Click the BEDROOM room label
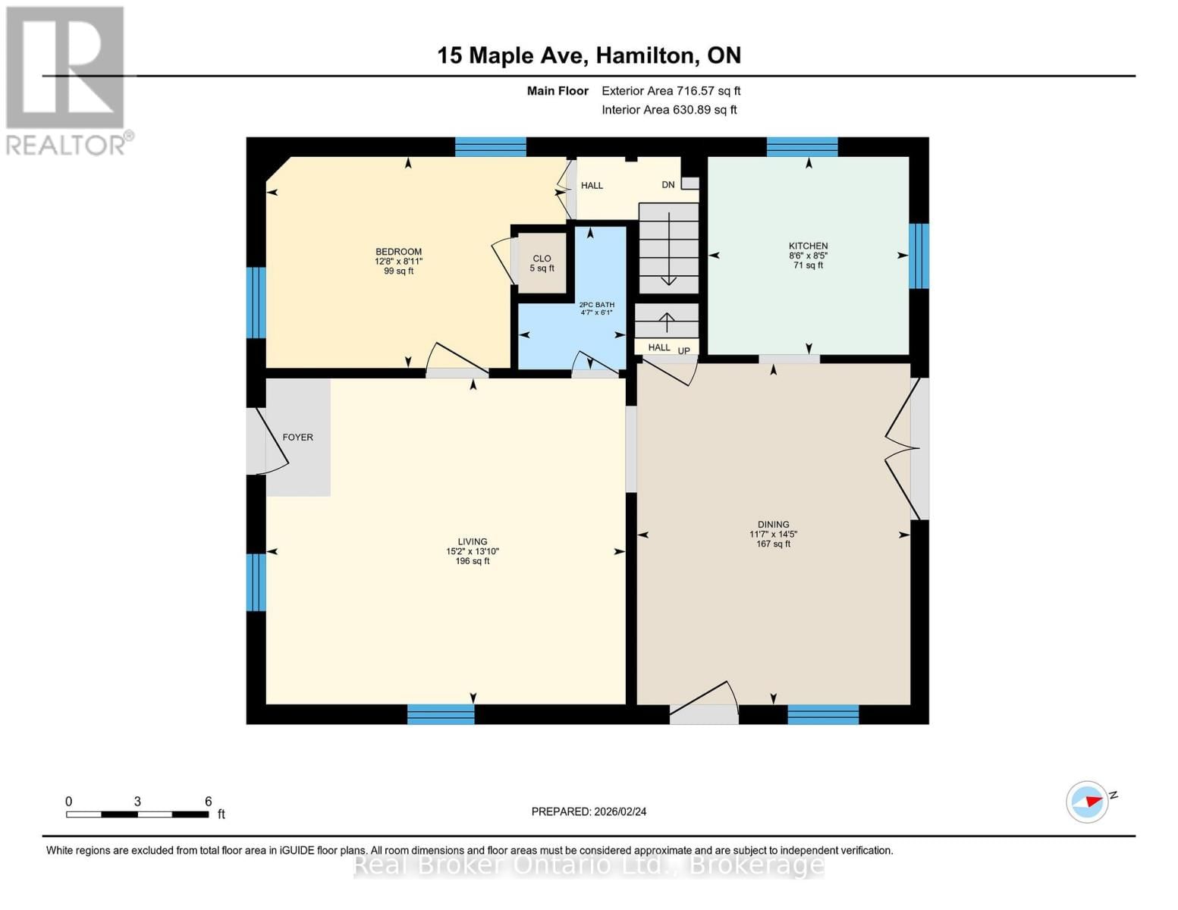pos(398,252)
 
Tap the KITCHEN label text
pos(808,246)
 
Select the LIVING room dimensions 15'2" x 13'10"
pos(472,551)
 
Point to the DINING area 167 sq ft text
pos(773,544)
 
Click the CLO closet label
pos(542,259)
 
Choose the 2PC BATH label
pos(596,305)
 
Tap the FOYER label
pos(297,438)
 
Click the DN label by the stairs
pos(668,185)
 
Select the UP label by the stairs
pos(683,351)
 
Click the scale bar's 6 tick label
pos(208,802)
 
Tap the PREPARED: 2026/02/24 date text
pos(589,811)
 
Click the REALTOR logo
pos(67,80)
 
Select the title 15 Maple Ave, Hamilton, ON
pos(589,55)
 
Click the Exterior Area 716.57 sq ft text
pos(671,91)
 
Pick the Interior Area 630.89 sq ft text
pos(669,110)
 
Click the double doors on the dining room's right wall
pos(906,449)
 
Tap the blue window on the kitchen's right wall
pos(919,256)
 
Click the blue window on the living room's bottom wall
pos(441,714)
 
